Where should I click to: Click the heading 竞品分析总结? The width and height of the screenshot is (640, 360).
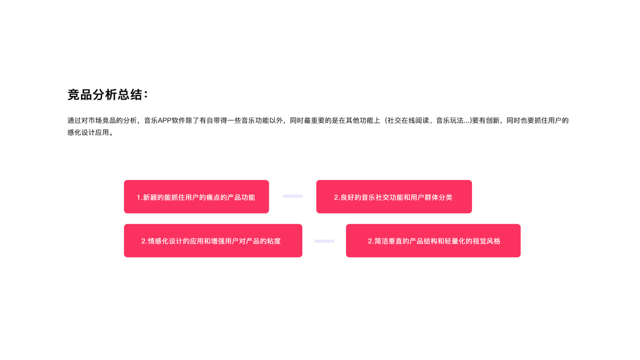[107, 95]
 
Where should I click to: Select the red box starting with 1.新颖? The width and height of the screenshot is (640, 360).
[196, 197]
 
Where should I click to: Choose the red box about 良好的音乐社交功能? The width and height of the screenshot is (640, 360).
[393, 197]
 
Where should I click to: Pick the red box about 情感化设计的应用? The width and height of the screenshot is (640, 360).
[213, 241]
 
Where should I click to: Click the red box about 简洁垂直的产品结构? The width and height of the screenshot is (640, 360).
[433, 241]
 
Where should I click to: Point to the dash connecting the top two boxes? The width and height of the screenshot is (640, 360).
[293, 196]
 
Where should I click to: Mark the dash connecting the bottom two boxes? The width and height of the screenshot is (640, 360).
[324, 241]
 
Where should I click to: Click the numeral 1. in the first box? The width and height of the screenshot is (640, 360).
[139, 197]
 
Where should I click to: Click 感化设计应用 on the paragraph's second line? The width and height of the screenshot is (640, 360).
[89, 133]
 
